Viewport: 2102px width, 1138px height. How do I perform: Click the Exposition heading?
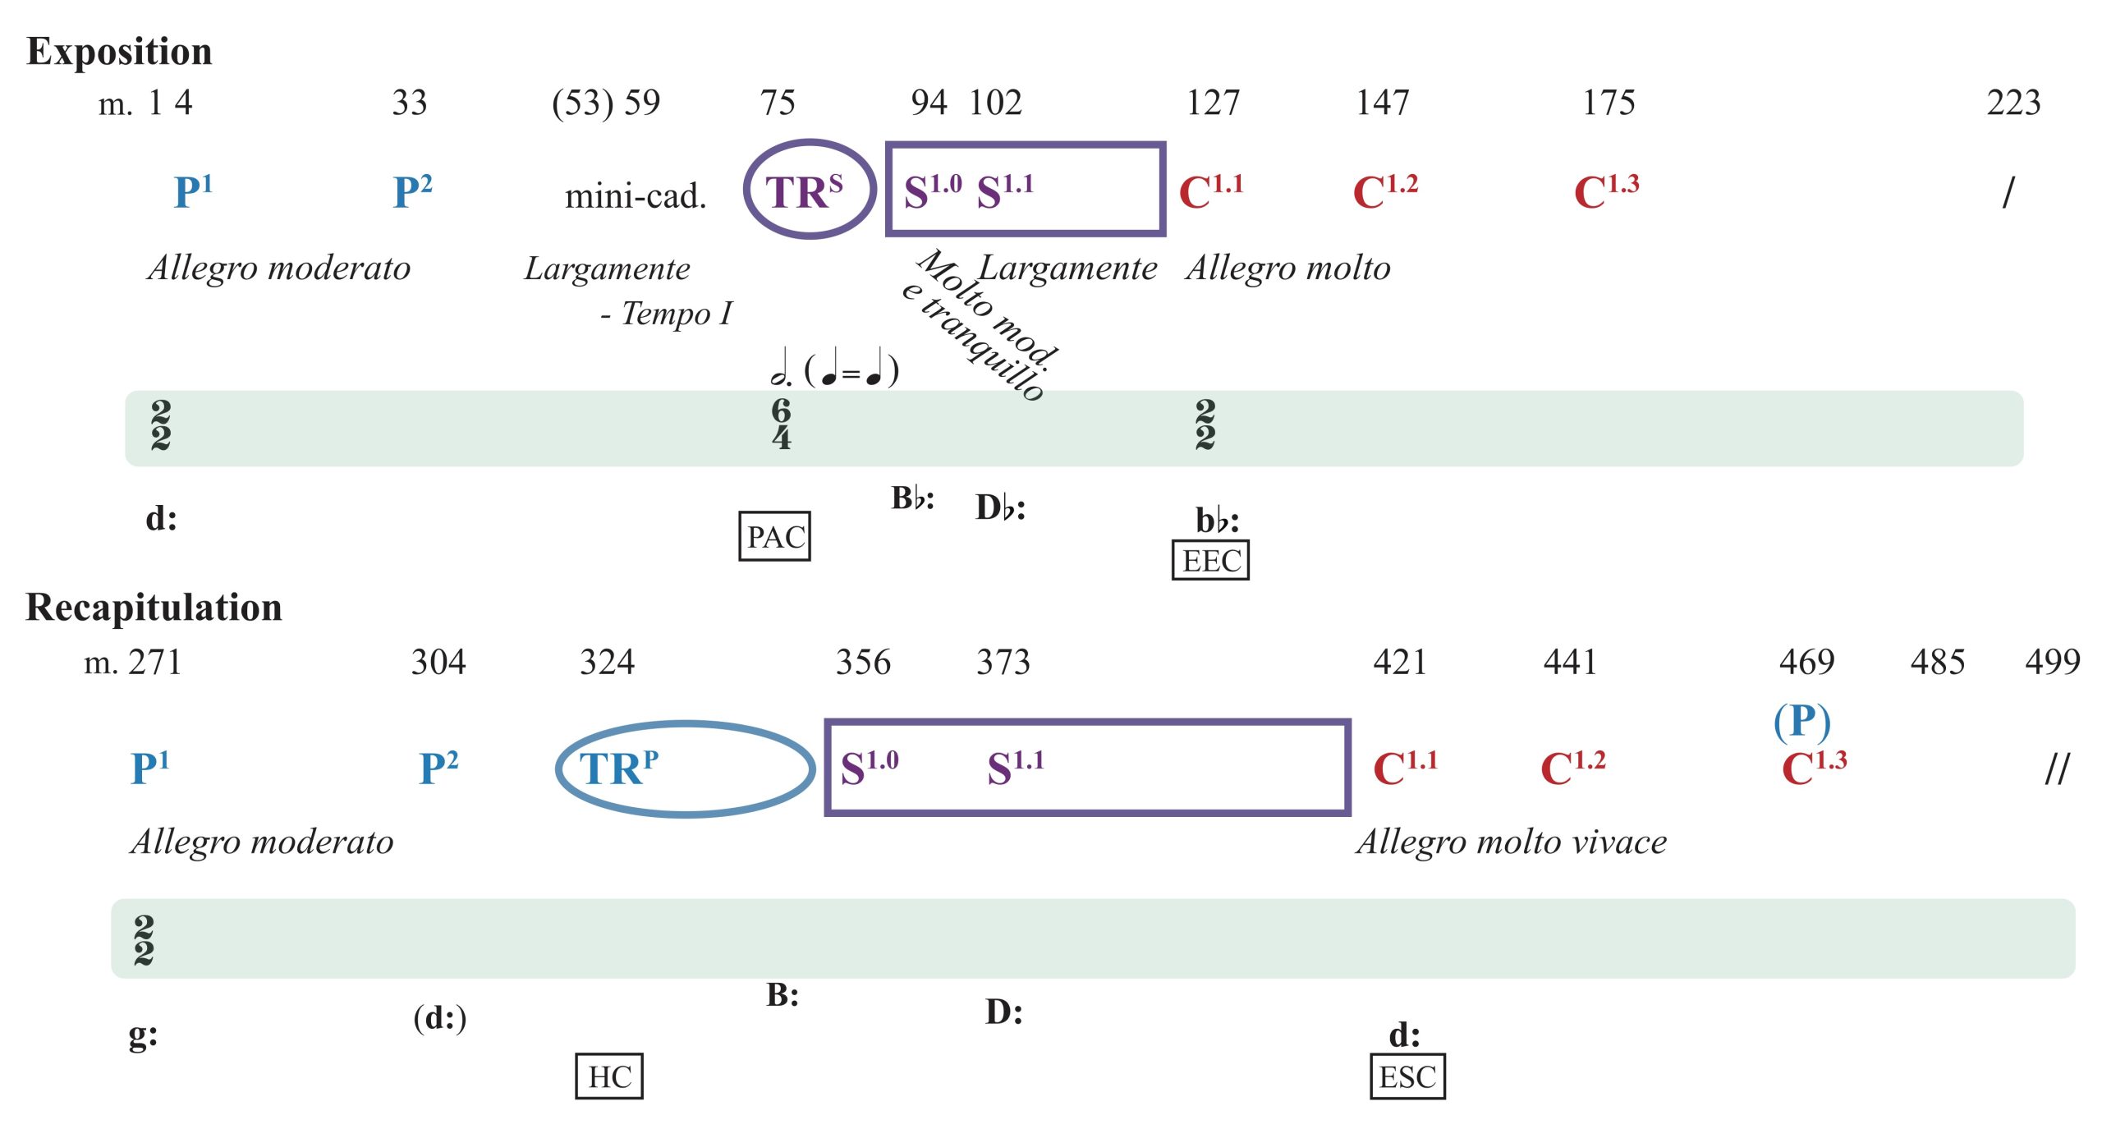pos(119,51)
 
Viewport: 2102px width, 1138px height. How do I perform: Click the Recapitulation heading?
pos(154,608)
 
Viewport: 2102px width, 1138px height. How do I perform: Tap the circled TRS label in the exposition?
pos(805,190)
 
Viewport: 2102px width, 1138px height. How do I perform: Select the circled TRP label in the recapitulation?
pos(619,769)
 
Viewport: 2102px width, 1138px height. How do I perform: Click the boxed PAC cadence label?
pos(774,536)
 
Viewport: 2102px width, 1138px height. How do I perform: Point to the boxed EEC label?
pos(1210,560)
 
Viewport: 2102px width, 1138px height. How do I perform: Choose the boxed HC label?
pos(609,1076)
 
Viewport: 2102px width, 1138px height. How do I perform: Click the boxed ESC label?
pos(1407,1076)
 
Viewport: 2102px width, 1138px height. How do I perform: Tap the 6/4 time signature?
pos(781,424)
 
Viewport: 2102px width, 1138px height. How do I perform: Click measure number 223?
pos(2013,103)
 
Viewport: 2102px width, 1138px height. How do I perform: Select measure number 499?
pos(2052,662)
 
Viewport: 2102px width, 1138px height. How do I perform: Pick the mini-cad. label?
pos(636,195)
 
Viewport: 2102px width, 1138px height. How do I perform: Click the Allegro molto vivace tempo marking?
pos(1512,842)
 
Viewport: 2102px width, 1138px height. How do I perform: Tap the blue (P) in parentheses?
pos(1801,722)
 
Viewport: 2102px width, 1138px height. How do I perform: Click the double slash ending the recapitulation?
pos(2057,769)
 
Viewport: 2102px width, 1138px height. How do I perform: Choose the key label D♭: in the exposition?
pos(1000,507)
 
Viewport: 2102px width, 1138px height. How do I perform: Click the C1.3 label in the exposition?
pos(1606,192)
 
